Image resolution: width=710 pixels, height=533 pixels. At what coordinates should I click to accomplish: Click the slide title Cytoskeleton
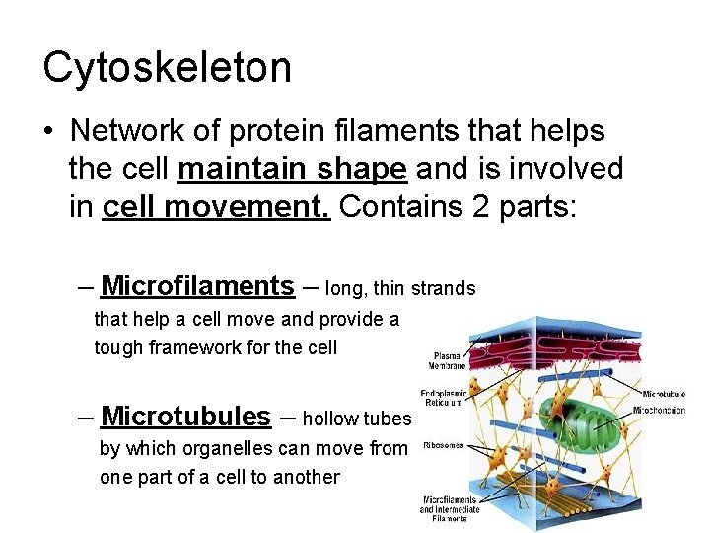[x=167, y=67]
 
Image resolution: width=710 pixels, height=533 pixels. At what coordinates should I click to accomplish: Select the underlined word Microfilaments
[x=197, y=286]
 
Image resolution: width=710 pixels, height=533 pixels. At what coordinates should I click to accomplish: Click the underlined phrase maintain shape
[x=292, y=169]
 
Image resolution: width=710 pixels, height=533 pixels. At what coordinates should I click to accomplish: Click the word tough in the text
[x=117, y=347]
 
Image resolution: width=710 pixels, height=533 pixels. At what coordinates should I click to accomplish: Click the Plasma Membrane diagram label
[x=447, y=360]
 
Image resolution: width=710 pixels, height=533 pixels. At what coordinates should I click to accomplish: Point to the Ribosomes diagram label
[x=444, y=445]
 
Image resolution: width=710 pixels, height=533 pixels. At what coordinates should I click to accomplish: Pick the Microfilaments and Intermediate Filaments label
[x=449, y=509]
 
